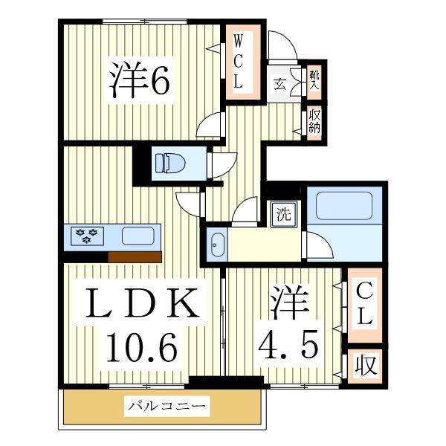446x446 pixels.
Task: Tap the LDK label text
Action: point(142,304)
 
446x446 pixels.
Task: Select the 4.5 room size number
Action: point(289,343)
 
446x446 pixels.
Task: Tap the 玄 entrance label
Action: point(281,82)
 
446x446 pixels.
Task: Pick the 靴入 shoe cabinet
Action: point(314,80)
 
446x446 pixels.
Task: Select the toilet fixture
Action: point(169,162)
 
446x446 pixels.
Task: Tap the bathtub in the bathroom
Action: point(343,205)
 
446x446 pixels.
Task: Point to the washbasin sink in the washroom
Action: point(217,245)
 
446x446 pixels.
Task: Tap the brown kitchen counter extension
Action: point(135,257)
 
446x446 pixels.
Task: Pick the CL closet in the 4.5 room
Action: point(363,303)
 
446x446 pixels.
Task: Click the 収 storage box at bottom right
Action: point(364,366)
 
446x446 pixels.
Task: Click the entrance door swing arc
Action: point(283,46)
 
